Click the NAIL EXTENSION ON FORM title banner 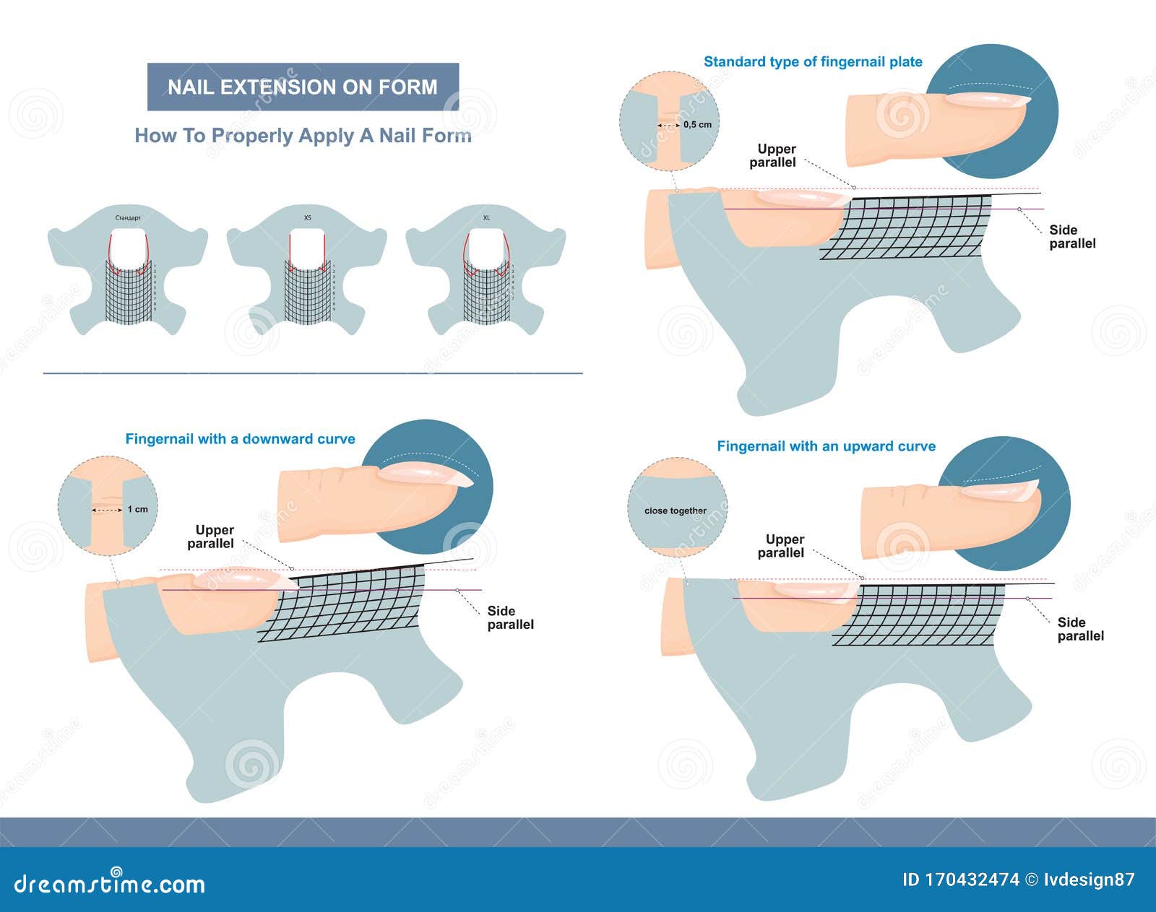coord(303,87)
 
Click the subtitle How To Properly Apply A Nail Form coord(303,136)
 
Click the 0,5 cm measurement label coord(696,124)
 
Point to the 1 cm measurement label coord(137,509)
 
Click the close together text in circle coord(676,511)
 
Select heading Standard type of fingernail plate coord(813,62)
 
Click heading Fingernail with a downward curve coord(240,439)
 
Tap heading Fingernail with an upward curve coord(826,446)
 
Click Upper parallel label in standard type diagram coord(774,156)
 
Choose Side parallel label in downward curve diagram coord(510,618)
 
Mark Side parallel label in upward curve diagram coord(1080,629)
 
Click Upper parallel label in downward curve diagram coord(212,537)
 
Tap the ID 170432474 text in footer coord(960,880)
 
